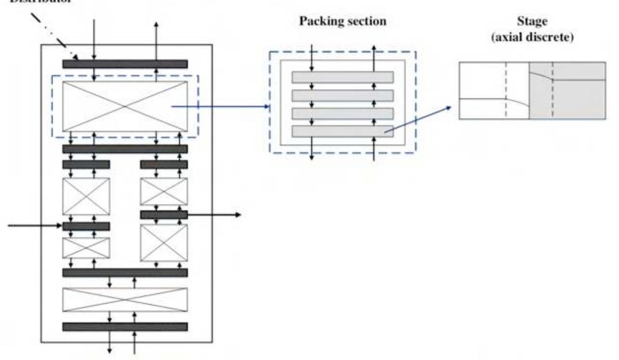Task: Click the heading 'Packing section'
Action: click(x=343, y=22)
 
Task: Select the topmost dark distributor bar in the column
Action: click(x=125, y=64)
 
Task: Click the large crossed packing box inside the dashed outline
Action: click(x=125, y=106)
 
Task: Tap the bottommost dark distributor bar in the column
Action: click(x=125, y=327)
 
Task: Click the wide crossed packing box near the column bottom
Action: click(x=125, y=300)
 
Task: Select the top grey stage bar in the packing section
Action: click(x=342, y=77)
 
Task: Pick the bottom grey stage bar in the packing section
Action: click(x=342, y=132)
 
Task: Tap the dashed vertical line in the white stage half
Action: click(x=506, y=90)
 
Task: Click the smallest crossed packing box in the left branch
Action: click(x=86, y=248)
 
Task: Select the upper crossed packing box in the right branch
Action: click(x=164, y=191)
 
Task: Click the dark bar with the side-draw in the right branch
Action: click(x=164, y=215)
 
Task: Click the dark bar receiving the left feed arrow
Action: click(x=86, y=226)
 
